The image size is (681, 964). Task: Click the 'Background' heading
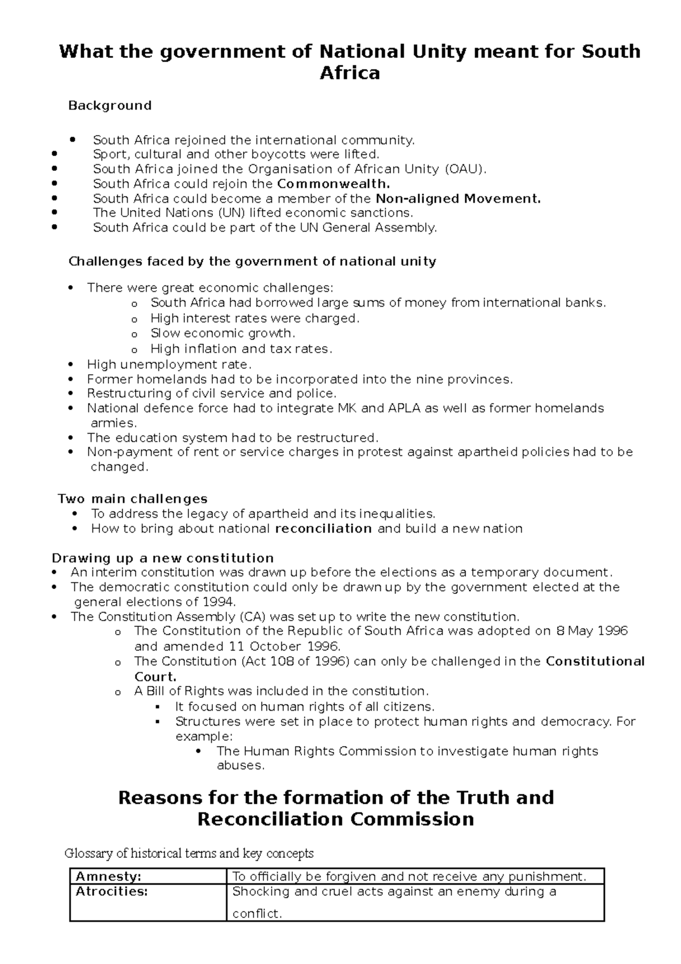click(110, 106)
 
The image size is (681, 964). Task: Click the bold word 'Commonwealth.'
click(334, 184)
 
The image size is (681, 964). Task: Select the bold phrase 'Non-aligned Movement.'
click(459, 199)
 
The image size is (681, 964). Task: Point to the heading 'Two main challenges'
click(133, 499)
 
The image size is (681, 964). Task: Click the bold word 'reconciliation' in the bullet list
click(323, 529)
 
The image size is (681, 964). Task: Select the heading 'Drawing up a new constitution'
click(163, 558)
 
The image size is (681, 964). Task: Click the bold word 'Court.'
click(155, 677)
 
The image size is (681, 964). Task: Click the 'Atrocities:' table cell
click(112, 892)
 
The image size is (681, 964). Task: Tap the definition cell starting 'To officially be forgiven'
click(409, 877)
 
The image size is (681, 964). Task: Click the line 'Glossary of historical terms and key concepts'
click(189, 853)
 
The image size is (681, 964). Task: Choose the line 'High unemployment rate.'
click(169, 364)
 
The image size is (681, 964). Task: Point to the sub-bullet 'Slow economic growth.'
click(222, 333)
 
